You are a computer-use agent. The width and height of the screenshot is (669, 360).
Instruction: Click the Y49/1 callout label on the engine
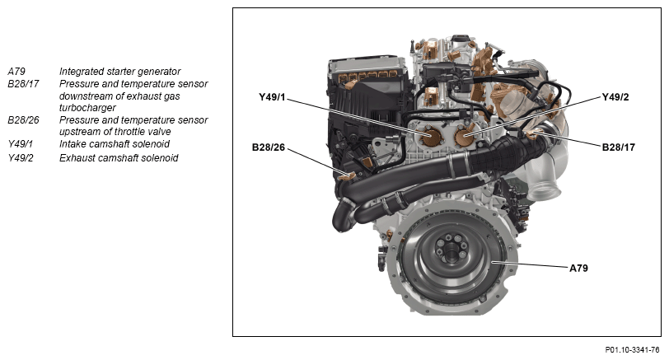[x=272, y=97]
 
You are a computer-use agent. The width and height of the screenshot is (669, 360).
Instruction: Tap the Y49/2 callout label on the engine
[x=615, y=97]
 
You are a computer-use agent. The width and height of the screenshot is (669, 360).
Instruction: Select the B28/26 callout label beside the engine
[x=269, y=147]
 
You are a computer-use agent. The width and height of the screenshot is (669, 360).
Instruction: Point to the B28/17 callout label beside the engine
[x=618, y=147]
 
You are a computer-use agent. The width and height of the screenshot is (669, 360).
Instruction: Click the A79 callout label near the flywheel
[x=578, y=269]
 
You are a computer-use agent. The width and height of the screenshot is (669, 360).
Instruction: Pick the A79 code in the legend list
[x=16, y=71]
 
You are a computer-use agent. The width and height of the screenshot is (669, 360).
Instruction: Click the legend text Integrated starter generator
[x=120, y=72]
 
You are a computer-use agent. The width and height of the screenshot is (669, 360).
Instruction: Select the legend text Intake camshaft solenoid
[x=115, y=143]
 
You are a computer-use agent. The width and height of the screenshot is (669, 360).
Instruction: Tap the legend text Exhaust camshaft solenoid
[x=119, y=158]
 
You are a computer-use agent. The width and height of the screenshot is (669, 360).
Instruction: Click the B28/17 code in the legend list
[x=23, y=83]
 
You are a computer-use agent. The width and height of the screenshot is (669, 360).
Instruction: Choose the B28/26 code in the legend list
[x=23, y=119]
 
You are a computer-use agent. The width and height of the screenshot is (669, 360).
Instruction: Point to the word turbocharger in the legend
[x=87, y=107]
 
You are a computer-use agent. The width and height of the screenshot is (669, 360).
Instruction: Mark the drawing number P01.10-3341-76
[x=632, y=350]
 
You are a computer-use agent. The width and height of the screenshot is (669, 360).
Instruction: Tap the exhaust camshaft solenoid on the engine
[x=465, y=136]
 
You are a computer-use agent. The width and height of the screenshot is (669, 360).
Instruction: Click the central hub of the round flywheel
[x=449, y=250]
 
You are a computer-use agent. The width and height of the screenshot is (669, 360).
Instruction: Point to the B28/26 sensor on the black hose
[x=347, y=175]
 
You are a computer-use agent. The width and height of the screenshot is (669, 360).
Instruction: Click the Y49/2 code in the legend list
[x=21, y=158]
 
